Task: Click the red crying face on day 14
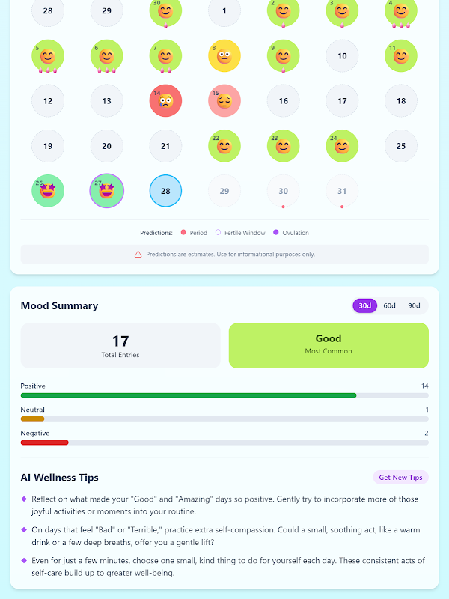(x=165, y=101)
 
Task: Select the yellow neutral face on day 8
(x=224, y=56)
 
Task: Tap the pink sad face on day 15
(x=224, y=101)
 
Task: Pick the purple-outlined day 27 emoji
(x=107, y=191)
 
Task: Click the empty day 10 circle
(x=342, y=56)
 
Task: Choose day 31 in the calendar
(x=342, y=191)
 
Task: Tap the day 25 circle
(x=401, y=146)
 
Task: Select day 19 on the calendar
(x=48, y=146)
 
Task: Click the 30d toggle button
(x=365, y=305)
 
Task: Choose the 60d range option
(x=390, y=305)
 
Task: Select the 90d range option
(x=414, y=305)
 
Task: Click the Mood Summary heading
(x=59, y=305)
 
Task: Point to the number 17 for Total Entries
(x=120, y=342)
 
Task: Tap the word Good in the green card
(x=329, y=338)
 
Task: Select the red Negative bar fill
(x=44, y=443)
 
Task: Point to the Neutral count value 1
(x=427, y=410)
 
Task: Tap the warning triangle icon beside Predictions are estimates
(x=138, y=255)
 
